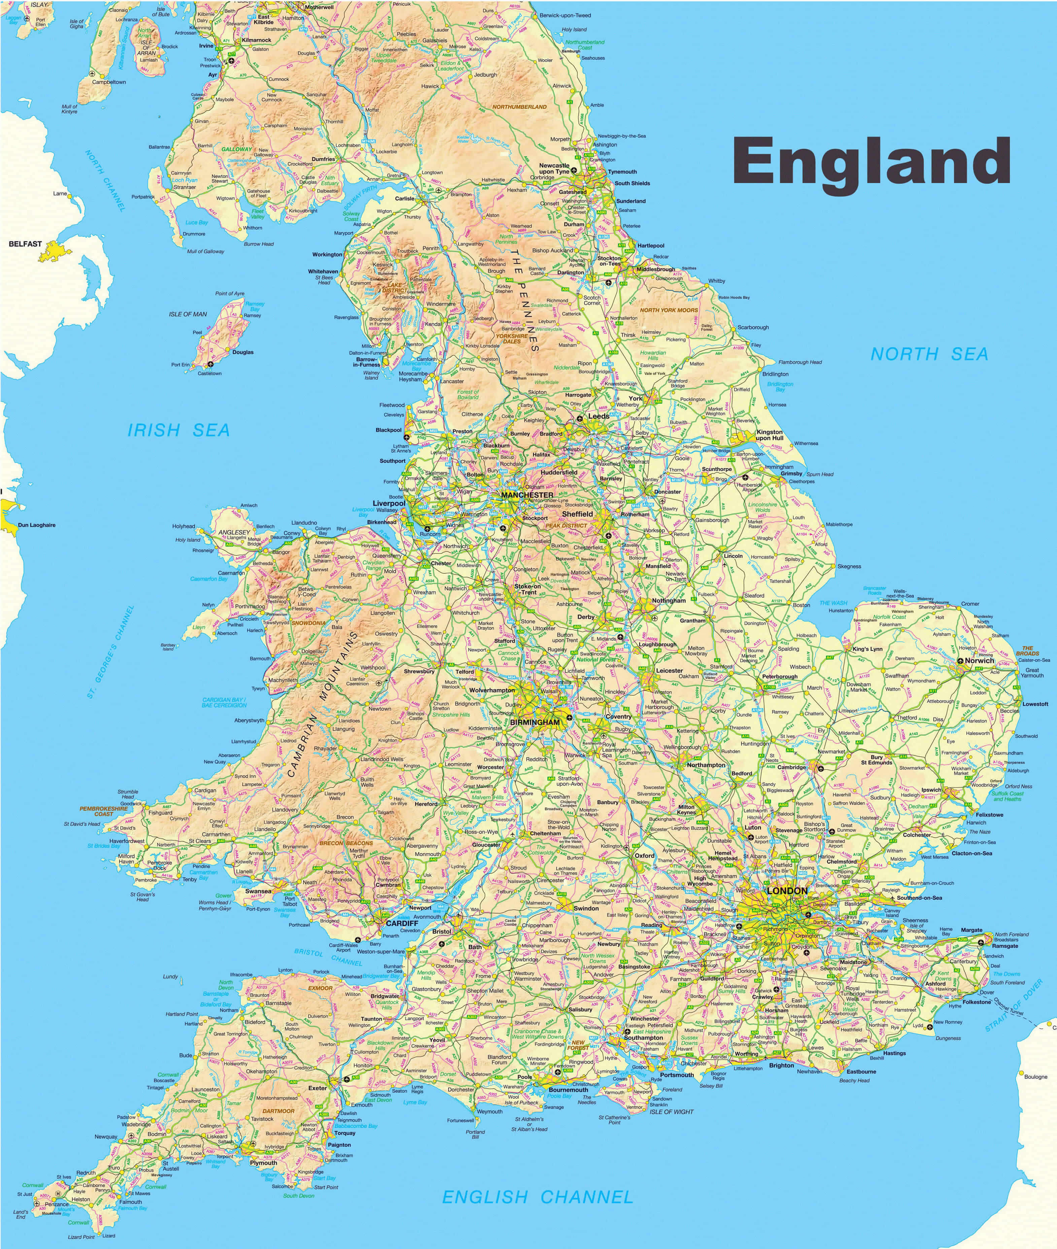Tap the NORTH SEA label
click(929, 354)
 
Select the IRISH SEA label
click(178, 430)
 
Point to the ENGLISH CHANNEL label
click(538, 1197)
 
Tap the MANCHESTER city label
click(527, 495)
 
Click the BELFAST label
click(25, 244)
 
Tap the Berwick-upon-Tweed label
click(565, 15)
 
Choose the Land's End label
click(21, 1214)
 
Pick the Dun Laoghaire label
click(37, 525)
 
